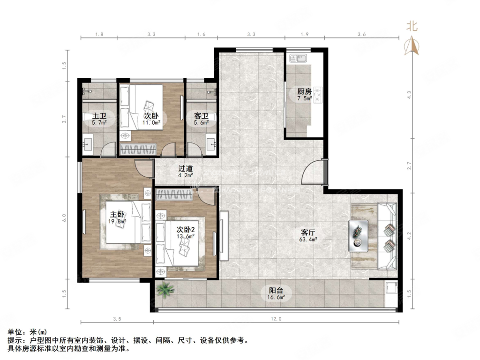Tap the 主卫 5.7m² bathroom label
[99, 119]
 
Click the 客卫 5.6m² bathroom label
[202, 119]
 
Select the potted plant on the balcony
[165, 289]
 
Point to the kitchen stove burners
[318, 94]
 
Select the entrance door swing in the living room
[312, 172]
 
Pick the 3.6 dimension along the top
[361, 34]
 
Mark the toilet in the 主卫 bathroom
[88, 119]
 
